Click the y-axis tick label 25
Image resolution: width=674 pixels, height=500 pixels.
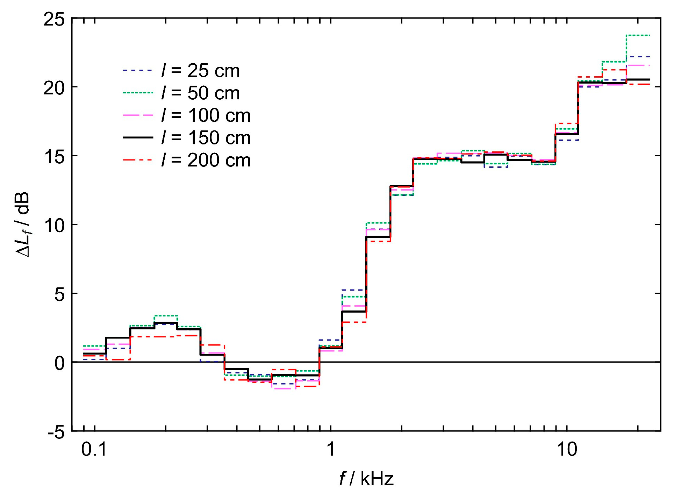coord(54,19)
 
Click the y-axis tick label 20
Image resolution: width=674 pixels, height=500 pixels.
coord(54,88)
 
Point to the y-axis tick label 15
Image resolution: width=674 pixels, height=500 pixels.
coord(54,157)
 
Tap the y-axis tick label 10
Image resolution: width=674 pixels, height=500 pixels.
coord(54,226)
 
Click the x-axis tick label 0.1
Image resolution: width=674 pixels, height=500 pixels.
coord(94,449)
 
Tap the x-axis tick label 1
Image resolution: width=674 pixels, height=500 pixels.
coord(331,449)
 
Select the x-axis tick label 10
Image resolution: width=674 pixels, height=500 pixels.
coord(567,449)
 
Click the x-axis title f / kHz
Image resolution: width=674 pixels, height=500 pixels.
coord(366,479)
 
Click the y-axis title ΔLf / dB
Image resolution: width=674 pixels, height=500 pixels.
coord(23,224)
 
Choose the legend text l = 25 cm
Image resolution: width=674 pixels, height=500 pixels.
coord(201,71)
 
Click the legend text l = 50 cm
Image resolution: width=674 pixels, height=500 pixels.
coord(201,93)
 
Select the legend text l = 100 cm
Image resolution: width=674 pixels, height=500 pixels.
coord(206,115)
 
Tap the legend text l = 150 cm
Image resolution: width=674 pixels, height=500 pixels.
coord(206,138)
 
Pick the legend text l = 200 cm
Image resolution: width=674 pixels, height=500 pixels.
coord(206,160)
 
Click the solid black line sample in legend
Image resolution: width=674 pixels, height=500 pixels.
coord(138,138)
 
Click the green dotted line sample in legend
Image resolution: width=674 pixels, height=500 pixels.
coord(138,93)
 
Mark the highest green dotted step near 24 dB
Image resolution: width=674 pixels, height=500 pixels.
coord(638,35)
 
